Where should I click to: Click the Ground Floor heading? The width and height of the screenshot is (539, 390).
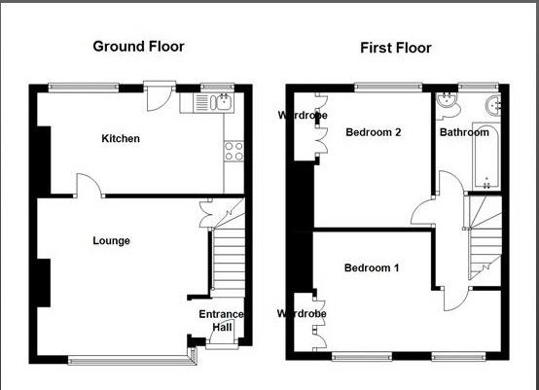coord(137,46)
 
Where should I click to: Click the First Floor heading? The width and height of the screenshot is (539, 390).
coord(395,48)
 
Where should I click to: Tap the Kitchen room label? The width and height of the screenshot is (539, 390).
coord(121,139)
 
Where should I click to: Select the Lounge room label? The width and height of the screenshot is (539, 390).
coord(111,240)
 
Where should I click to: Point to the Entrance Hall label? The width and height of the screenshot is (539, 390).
coord(221,321)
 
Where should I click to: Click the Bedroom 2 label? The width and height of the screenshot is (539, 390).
coord(374,132)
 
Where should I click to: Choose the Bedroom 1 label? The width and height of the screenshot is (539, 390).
coord(372,267)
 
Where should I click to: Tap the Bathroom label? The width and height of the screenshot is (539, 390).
coord(463,132)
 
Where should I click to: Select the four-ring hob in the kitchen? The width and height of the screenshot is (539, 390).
coord(234,150)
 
